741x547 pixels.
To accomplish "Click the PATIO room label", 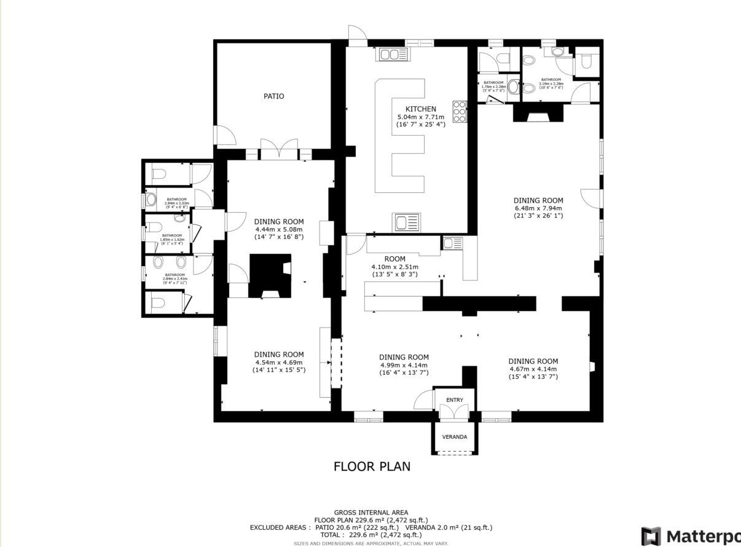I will tap(273, 96).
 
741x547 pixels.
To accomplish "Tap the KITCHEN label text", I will tap(420, 109).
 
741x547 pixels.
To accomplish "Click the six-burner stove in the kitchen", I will tap(460, 112).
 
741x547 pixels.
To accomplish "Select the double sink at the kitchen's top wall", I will tap(390, 55).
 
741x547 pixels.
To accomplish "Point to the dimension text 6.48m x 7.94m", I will tap(538, 208).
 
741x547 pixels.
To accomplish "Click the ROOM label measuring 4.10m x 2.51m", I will tap(394, 259).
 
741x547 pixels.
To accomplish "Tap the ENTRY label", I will tap(455, 400).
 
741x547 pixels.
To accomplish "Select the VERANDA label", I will tap(455, 437).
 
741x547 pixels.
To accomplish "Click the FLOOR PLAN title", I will tap(372, 466).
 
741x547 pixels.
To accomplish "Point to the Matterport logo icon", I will tap(651, 536).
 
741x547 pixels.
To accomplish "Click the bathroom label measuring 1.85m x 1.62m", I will tap(172, 235).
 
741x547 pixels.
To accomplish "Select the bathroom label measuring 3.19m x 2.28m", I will tap(551, 80).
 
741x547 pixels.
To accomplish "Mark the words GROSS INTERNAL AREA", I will tap(370, 512).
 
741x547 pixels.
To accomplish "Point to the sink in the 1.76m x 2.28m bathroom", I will tap(514, 87).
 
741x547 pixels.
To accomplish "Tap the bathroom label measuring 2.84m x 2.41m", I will tap(174, 275).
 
